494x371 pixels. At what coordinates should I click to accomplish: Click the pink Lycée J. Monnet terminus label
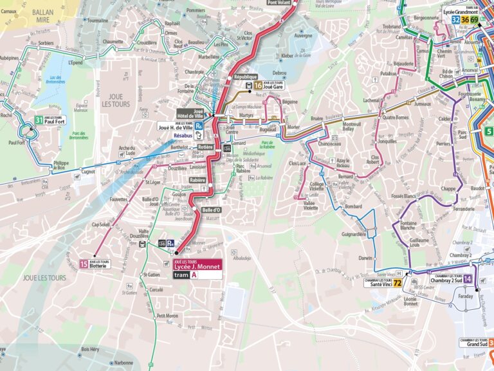point(196,264)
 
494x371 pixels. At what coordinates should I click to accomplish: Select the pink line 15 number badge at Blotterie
point(84,264)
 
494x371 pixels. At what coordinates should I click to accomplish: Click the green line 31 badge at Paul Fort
point(39,120)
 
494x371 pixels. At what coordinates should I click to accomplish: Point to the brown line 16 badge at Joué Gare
point(258,84)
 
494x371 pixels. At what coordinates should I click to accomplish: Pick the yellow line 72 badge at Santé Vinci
point(398,282)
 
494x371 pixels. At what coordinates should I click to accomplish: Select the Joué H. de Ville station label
point(176,127)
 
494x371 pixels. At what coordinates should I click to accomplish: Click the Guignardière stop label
point(354,234)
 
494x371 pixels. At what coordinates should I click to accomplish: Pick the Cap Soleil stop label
point(102,224)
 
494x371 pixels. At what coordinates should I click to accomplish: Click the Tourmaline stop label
point(97,20)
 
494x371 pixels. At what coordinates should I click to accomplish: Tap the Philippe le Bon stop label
point(61,165)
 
